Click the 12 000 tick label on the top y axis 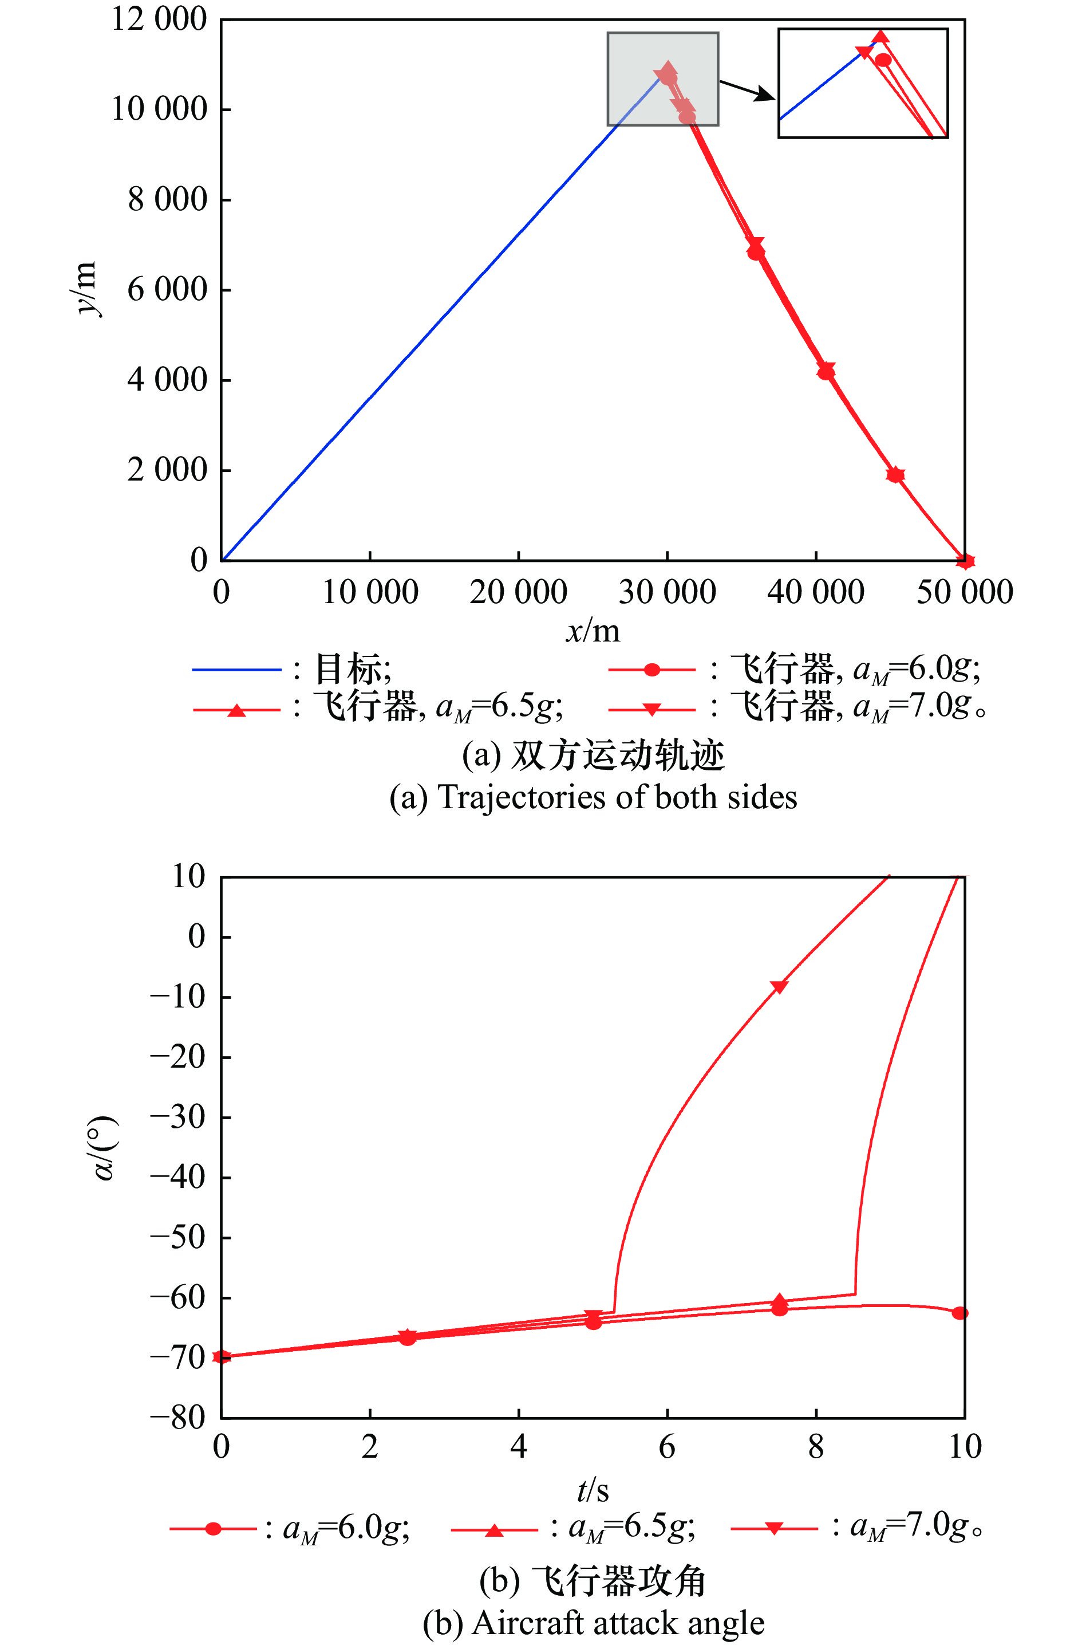tap(159, 19)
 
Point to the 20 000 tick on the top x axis tap(518, 592)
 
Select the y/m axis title tap(86, 288)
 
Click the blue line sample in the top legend tap(236, 670)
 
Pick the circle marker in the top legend tap(651, 670)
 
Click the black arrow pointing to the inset tap(748, 90)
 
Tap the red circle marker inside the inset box tap(883, 60)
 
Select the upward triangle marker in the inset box tap(880, 37)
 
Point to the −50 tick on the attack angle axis tap(178, 1237)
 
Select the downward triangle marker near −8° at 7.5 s tap(779, 987)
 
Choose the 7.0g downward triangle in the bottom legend tap(774, 1529)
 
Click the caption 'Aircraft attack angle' tap(593, 1623)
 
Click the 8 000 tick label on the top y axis tap(167, 200)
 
